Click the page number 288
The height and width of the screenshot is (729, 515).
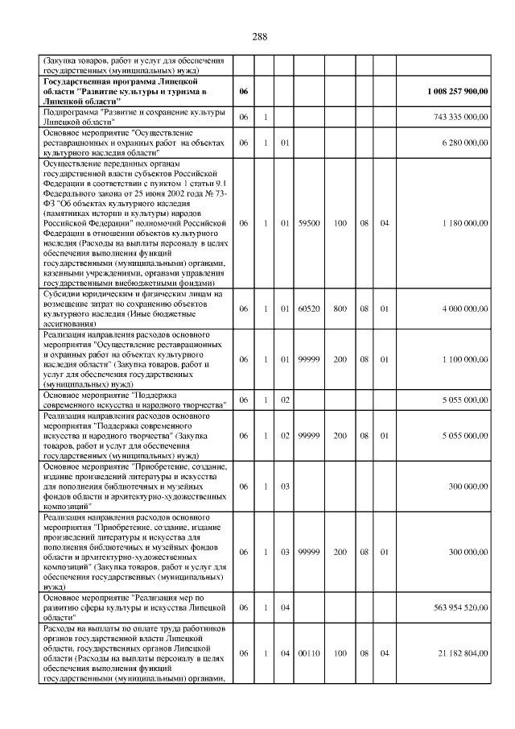coord(259,37)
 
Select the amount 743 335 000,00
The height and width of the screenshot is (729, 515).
coord(460,118)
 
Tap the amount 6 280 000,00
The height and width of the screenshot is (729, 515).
coord(464,143)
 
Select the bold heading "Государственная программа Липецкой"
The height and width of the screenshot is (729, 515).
coord(121,82)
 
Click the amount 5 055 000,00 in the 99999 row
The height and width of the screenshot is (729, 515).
coord(464,436)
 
